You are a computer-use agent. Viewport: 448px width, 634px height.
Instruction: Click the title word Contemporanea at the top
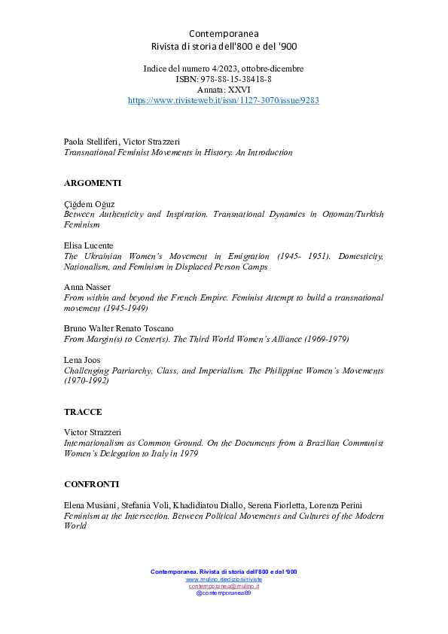pos(224,34)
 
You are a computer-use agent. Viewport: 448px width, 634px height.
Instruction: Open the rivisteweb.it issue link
pos(224,100)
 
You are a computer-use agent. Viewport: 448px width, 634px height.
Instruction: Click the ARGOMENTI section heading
pos(93,183)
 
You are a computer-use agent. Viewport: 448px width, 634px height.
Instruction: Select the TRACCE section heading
pos(83,412)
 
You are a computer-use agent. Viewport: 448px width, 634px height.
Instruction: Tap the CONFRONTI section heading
pos(91,483)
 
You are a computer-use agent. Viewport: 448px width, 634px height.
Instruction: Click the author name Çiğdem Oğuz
pos(89,204)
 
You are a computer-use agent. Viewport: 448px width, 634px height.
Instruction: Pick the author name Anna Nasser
pos(87,287)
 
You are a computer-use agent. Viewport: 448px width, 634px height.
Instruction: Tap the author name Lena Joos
pos(83,360)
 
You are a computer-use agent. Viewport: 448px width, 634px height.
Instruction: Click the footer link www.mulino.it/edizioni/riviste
pos(224,580)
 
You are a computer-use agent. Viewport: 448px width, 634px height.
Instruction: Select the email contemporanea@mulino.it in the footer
pos(224,587)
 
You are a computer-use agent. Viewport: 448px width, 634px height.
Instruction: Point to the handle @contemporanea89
pos(224,593)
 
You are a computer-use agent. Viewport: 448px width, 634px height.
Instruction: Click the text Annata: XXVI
pos(224,90)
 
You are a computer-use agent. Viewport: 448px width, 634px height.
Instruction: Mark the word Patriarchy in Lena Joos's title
pos(134,370)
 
